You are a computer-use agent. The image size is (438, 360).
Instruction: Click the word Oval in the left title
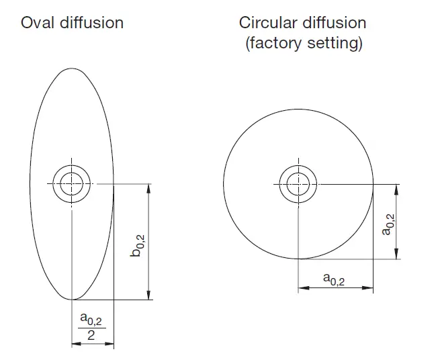coord(36,22)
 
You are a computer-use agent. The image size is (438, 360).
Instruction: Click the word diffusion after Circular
coord(334,22)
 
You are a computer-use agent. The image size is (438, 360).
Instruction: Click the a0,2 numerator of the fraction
coord(91,318)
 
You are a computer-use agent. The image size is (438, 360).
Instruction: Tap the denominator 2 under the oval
coord(91,335)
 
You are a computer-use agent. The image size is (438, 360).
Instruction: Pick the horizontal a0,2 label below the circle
coord(334,278)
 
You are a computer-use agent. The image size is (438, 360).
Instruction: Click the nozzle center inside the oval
coord(71,182)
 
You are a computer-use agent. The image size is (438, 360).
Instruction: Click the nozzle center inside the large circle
coord(298,183)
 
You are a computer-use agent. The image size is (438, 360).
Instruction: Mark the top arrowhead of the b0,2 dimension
coord(149,188)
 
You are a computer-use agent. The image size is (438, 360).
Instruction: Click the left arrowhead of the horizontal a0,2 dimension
coord(303,287)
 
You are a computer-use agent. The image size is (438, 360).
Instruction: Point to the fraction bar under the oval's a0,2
coord(91,327)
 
